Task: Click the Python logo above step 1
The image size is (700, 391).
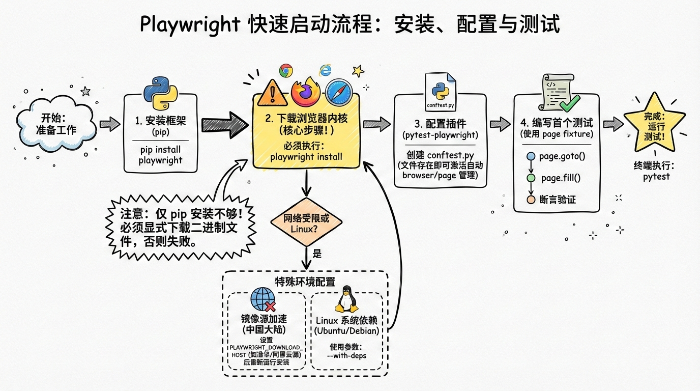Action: (160, 93)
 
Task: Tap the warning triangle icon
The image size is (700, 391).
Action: (272, 92)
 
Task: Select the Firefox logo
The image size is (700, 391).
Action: (305, 92)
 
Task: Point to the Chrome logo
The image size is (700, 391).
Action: (286, 70)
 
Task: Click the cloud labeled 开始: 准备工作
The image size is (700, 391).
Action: (56, 124)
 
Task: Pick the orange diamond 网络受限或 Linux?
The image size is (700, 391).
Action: (306, 224)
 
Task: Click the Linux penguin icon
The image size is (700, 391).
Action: (347, 299)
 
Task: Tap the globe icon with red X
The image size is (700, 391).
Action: (264, 300)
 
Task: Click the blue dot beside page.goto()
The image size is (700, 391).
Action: (531, 156)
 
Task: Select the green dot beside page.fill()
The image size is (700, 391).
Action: (531, 178)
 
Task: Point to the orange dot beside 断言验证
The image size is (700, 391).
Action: (531, 200)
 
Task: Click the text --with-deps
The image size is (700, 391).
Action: (346, 355)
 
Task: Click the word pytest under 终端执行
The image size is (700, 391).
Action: (656, 177)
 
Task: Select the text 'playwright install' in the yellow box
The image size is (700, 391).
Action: (306, 157)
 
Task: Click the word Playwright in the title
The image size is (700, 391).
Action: (190, 24)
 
